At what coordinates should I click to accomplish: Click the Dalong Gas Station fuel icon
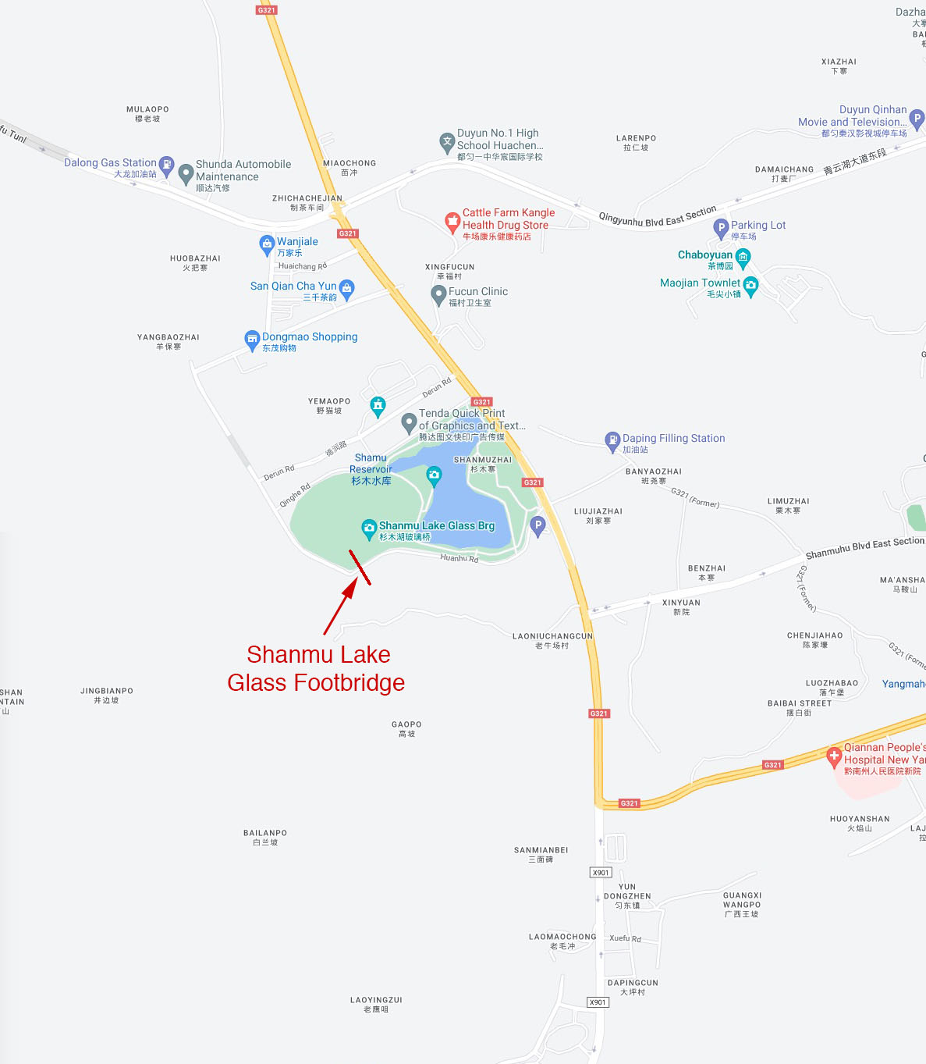(166, 164)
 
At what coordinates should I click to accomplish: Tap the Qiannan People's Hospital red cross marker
(834, 755)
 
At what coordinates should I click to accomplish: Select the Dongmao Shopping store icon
(252, 339)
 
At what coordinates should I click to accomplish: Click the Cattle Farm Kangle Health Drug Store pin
(452, 222)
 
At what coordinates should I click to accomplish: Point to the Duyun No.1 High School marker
(447, 142)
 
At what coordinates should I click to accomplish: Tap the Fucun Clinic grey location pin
(438, 294)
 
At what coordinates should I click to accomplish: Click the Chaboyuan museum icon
(743, 257)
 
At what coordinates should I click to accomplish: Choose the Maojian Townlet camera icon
(750, 286)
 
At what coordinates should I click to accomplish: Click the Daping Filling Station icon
(612, 440)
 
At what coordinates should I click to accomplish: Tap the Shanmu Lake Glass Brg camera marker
(369, 528)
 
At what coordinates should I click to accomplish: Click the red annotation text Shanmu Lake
(318, 654)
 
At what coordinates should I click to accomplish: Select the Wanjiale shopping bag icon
(267, 244)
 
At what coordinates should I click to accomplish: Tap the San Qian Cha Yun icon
(346, 288)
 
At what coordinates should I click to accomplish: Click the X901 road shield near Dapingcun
(598, 1002)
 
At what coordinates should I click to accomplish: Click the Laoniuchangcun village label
(552, 636)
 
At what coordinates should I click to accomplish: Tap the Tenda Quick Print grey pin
(409, 422)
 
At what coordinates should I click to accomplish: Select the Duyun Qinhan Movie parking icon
(917, 119)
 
